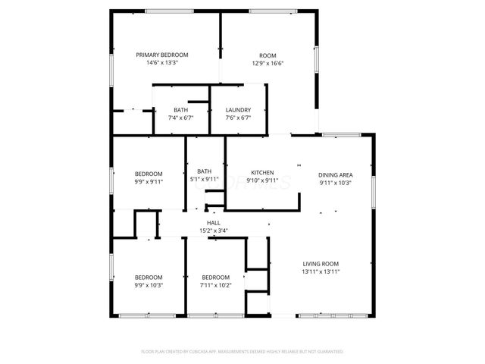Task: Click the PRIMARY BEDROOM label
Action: tap(162, 55)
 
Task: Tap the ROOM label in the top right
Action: tap(268, 55)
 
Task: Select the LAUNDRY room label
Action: tap(238, 110)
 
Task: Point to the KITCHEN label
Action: tap(262, 173)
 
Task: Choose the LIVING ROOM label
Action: tap(321, 263)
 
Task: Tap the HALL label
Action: tap(214, 222)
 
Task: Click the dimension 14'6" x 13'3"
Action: tap(162, 63)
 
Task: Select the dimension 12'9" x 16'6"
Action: tap(268, 63)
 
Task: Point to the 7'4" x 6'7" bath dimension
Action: tap(180, 118)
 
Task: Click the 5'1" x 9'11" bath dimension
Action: tap(204, 179)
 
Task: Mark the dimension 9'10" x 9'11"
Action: tap(262, 181)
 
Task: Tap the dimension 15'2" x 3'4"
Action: tap(214, 231)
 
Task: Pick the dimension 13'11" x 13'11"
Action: tap(321, 271)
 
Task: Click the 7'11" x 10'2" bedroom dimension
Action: tap(216, 285)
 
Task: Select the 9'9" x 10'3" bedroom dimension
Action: tap(149, 285)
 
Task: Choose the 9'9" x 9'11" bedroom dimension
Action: tap(149, 182)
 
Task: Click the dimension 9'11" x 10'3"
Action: tap(335, 182)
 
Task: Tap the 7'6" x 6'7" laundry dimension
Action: tap(238, 118)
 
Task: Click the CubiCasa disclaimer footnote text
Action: tap(242, 352)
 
